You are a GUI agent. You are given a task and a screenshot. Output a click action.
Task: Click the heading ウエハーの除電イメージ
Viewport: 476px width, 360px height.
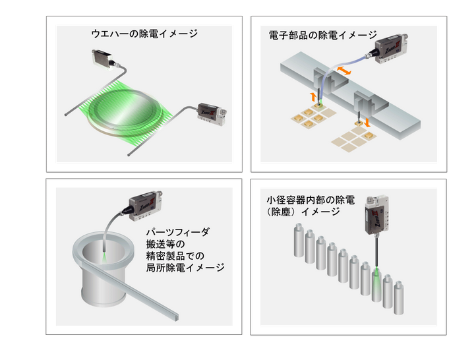click(x=144, y=34)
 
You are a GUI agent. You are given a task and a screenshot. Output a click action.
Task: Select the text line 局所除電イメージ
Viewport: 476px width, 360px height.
click(x=185, y=268)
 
